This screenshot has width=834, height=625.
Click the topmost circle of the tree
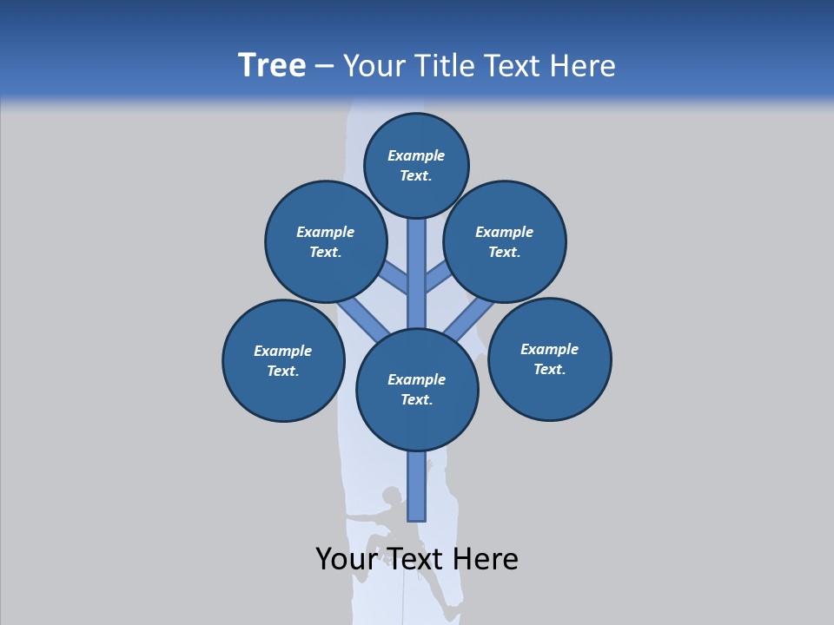pos(416,165)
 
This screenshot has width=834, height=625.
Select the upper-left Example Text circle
pos(325,241)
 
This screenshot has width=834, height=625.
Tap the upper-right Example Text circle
pos(505,241)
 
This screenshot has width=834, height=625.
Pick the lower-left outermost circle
pos(283,360)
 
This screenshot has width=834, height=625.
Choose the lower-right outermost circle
pos(549,359)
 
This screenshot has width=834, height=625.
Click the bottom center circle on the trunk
pos(417,390)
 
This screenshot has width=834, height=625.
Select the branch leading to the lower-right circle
pos(470,319)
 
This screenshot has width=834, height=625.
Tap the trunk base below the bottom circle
pos(417,486)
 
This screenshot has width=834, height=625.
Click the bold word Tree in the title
pos(272,65)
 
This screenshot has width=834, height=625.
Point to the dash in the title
pos(324,66)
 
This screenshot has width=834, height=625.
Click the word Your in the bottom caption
pos(346,559)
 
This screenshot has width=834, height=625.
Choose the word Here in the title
pos(583,66)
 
